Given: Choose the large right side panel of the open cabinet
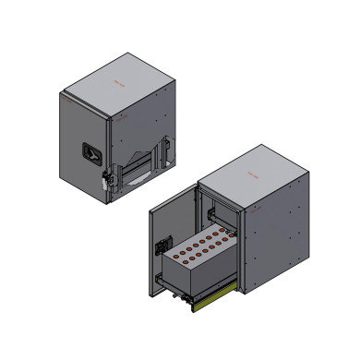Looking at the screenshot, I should click(x=272, y=231).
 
